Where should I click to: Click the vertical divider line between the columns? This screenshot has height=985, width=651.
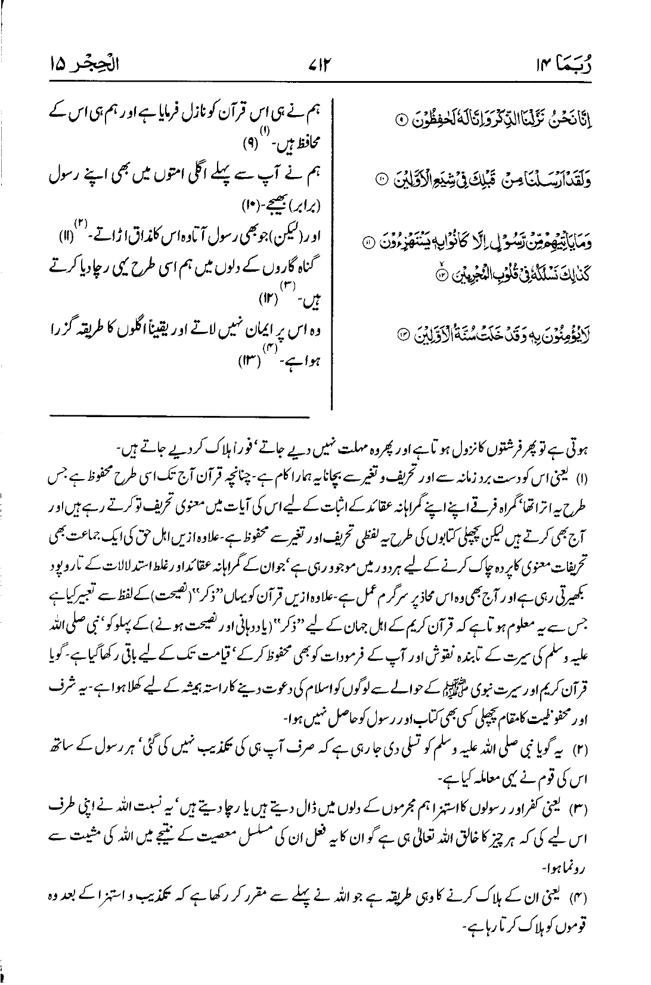click(331, 250)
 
